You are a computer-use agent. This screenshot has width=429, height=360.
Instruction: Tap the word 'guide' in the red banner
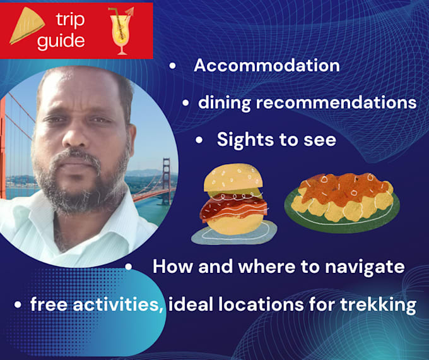(x=61, y=41)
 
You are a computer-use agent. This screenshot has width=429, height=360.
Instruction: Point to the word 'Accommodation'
(x=266, y=65)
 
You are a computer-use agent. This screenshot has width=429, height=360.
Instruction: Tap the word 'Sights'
(x=244, y=140)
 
